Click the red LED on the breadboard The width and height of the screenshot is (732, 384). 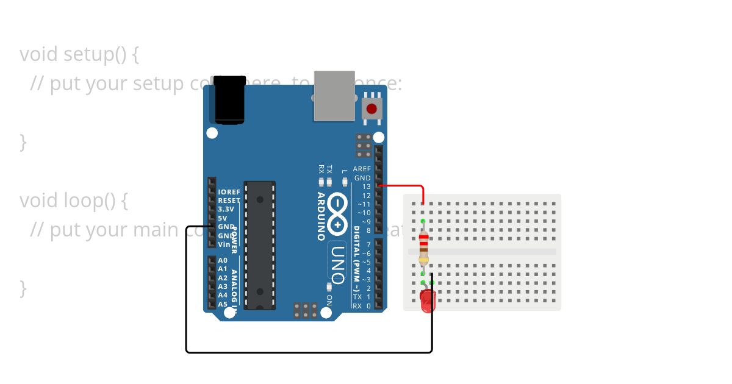tap(428, 300)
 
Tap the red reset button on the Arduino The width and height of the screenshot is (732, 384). tap(371, 109)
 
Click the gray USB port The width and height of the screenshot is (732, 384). tap(334, 96)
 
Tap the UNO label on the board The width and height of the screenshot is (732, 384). tap(337, 258)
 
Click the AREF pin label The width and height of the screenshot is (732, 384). tap(361, 169)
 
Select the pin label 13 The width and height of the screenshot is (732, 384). tap(366, 187)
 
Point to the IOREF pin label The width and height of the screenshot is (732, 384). tap(229, 192)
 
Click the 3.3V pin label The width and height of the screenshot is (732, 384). tap(226, 209)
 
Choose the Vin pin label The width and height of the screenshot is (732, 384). tap(224, 244)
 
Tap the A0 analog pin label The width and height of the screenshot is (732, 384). tap(223, 260)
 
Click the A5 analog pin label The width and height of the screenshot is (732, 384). tap(223, 304)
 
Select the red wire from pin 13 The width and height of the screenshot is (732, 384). tap(406, 185)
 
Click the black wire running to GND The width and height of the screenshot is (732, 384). tap(305, 352)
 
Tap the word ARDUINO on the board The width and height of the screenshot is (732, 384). tap(321, 216)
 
